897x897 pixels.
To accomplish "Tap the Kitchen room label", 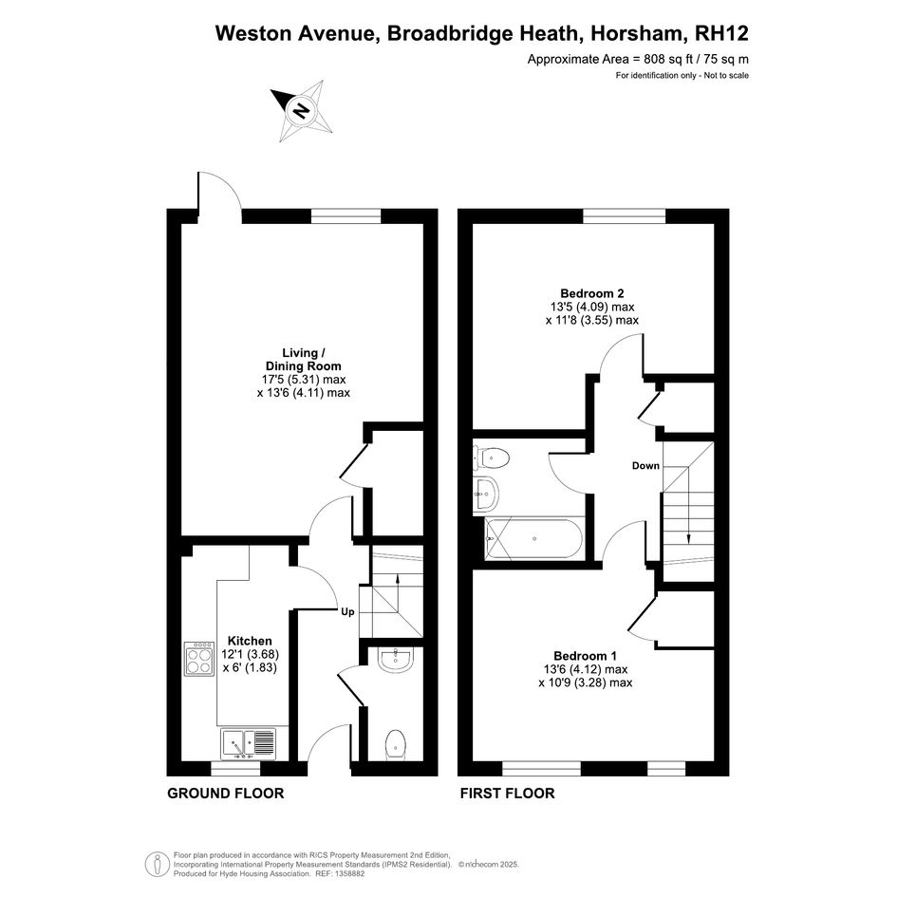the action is [x=250, y=641].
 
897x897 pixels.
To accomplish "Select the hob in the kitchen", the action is [x=199, y=659].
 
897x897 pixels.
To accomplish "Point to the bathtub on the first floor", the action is [x=533, y=538].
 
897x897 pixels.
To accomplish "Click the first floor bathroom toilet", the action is [x=492, y=458].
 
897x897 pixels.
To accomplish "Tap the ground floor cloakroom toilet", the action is [x=395, y=745].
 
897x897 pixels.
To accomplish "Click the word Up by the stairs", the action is [x=347, y=612].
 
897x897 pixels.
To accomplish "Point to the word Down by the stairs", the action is [x=645, y=466].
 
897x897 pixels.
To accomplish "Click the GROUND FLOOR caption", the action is [x=225, y=794].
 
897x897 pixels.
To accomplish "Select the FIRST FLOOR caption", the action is [x=508, y=794].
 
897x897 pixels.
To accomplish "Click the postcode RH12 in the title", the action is [x=721, y=33].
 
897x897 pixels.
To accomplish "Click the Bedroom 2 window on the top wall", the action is [x=625, y=215].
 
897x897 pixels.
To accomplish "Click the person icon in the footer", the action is [x=157, y=864].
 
